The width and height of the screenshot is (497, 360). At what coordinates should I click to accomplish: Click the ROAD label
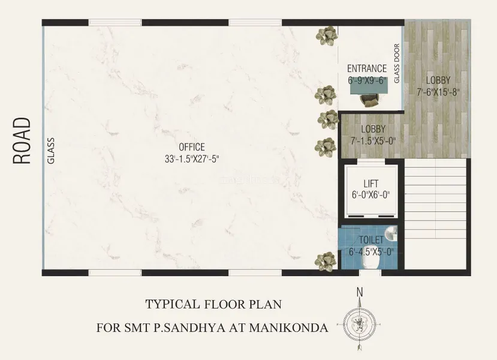click(x=22, y=140)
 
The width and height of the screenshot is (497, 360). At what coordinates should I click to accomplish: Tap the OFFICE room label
click(x=192, y=147)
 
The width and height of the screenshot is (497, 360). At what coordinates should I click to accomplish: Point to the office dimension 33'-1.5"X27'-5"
click(x=192, y=159)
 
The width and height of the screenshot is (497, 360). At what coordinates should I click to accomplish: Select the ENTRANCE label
click(x=367, y=68)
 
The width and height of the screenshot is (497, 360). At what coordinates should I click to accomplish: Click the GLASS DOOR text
click(x=397, y=64)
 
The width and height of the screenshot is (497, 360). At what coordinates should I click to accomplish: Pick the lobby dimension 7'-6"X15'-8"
click(x=438, y=92)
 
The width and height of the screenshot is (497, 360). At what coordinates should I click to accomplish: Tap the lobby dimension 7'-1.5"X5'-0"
click(x=373, y=140)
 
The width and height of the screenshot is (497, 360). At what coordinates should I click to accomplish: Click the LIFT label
click(x=371, y=184)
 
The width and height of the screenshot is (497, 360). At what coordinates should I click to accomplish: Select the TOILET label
click(x=371, y=240)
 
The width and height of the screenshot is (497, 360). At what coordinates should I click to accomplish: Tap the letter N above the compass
click(x=360, y=292)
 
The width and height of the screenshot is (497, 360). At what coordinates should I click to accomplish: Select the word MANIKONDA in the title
click(x=288, y=328)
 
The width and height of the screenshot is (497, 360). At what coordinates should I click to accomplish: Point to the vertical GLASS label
click(x=51, y=151)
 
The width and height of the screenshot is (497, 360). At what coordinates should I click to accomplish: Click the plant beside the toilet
click(x=325, y=262)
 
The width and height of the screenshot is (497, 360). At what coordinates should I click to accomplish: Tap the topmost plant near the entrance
click(x=326, y=35)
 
